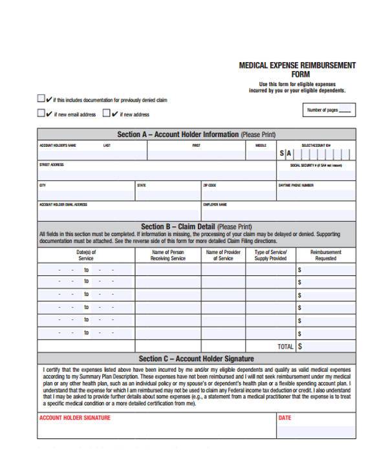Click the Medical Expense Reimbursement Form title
297,70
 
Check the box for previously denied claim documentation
41,100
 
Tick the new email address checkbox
41,114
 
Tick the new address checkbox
107,114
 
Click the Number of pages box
329,111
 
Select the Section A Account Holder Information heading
196,134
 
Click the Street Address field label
52,165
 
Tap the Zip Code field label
210,186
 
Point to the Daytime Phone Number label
296,186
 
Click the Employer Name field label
215,205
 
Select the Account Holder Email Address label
63,205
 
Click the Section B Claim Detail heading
196,227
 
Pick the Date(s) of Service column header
86,255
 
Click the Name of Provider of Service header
223,255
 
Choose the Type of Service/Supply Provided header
270,255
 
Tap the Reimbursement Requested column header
325,255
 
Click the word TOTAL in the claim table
285,347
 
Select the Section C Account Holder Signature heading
196,359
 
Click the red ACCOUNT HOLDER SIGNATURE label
75,418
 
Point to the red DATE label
285,418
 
